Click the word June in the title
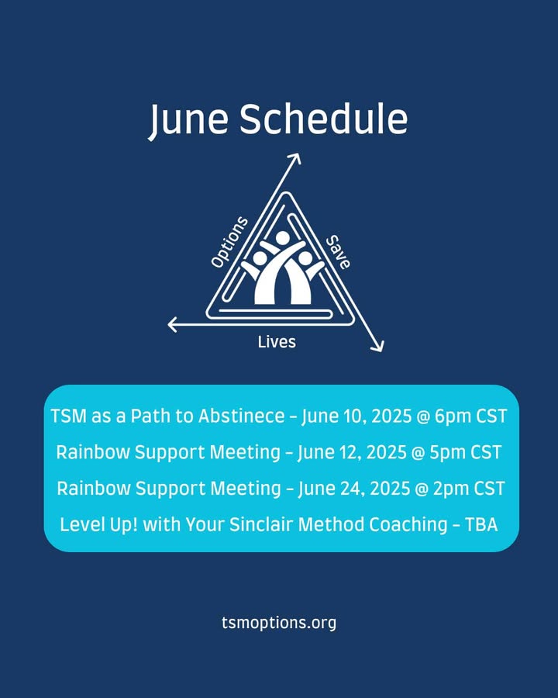(188, 120)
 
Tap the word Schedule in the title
(323, 119)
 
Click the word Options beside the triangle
(229, 242)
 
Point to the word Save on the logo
(338, 252)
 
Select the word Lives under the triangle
(277, 342)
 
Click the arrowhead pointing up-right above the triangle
(295, 158)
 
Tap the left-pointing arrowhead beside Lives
(173, 324)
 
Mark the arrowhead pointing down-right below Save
(377, 346)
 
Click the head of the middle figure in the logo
(282, 238)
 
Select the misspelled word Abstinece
(242, 416)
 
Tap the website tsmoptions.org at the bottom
(279, 623)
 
